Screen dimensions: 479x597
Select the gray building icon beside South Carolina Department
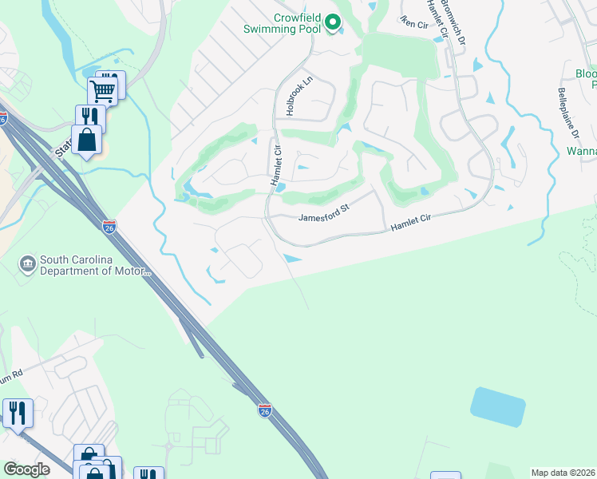(x=27, y=263)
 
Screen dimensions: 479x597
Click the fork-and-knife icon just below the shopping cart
(x=89, y=117)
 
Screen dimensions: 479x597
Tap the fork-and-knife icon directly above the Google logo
(x=17, y=413)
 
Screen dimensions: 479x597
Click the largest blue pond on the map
(x=498, y=406)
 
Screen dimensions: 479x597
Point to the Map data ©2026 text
(x=562, y=473)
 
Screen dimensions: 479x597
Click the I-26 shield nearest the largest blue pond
(x=265, y=410)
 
